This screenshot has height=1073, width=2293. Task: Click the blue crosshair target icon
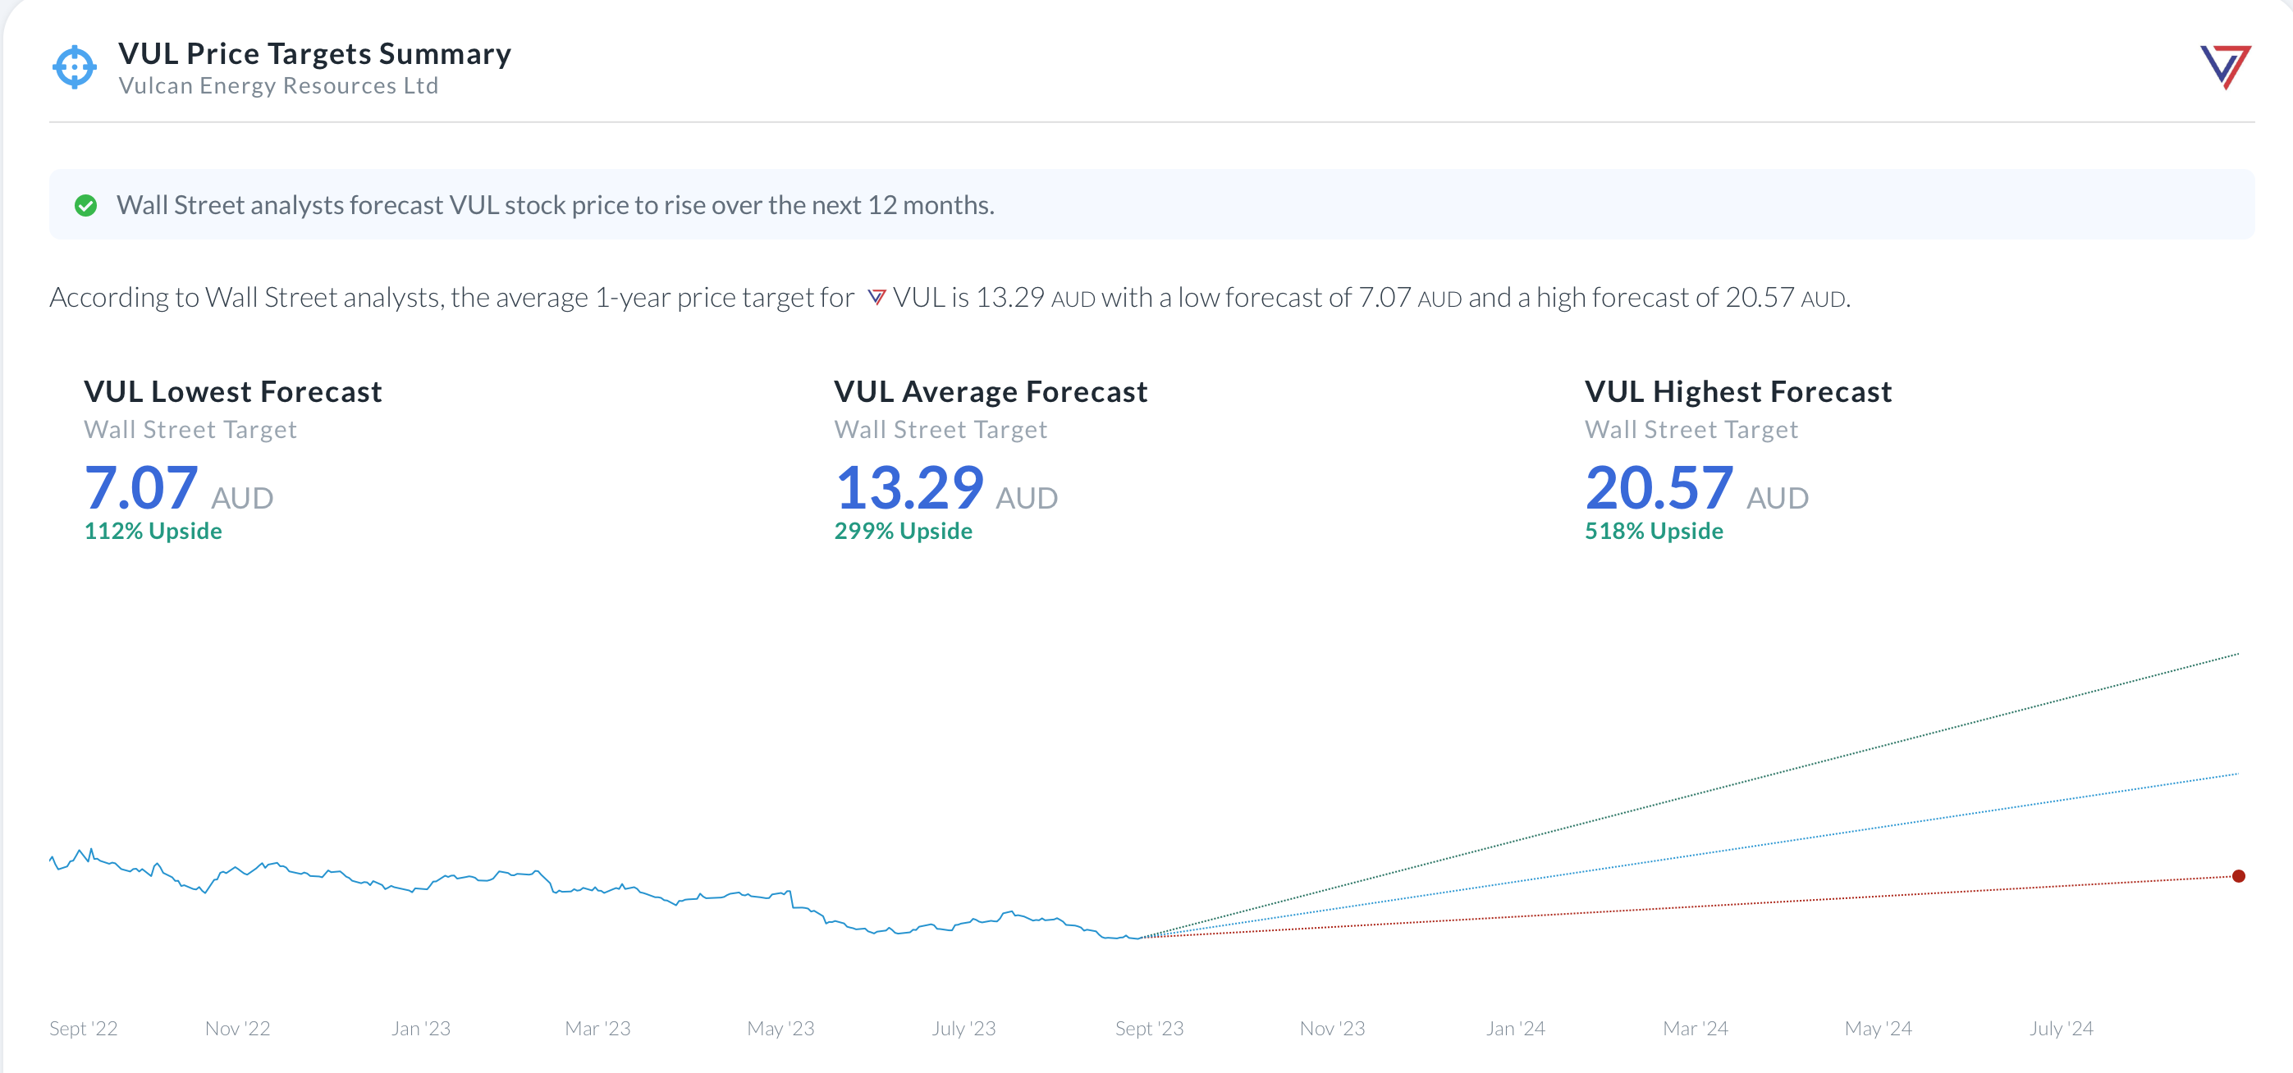tap(74, 66)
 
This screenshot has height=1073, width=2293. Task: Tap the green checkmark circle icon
tap(85, 206)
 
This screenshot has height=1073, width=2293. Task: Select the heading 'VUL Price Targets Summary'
tap(314, 53)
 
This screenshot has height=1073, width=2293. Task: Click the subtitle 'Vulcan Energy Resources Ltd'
tap(277, 86)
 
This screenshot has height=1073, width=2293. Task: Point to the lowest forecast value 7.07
tap(140, 488)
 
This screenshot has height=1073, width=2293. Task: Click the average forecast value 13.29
tap(909, 488)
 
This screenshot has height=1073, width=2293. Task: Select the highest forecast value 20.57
tap(1659, 488)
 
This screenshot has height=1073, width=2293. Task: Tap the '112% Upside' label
tap(153, 531)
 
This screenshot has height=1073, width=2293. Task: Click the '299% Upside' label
tap(903, 531)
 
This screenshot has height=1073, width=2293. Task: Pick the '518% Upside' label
tap(1653, 531)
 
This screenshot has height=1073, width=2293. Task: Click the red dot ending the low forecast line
tap(2238, 876)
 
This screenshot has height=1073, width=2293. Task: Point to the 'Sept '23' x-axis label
tap(1149, 1029)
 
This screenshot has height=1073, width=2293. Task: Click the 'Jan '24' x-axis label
tap(1515, 1029)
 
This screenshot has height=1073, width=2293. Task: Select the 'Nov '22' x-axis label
tap(237, 1029)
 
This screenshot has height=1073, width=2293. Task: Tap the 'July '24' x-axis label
tap(2061, 1029)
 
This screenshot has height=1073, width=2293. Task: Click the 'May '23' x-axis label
tap(780, 1029)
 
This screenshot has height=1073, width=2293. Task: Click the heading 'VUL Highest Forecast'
tap(1737, 391)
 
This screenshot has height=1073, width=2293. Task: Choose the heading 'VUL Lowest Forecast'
tap(232, 391)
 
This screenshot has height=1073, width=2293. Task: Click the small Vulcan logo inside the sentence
tap(876, 297)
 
